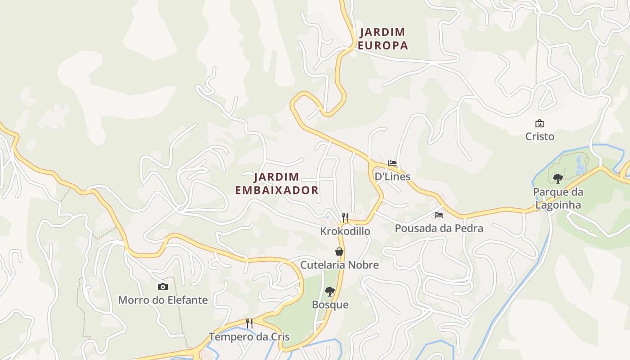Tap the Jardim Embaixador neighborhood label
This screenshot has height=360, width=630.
pos(276,183)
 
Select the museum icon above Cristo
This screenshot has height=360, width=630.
pos(539,123)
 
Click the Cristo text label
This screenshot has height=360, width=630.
pos(540,136)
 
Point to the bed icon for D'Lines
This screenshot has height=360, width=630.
pos(392,163)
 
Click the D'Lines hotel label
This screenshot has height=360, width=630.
pos(392,176)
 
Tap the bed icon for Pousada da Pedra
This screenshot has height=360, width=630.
pos(439,215)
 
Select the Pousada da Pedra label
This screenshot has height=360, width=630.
pos(439,228)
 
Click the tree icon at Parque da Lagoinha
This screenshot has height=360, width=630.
pos(558,179)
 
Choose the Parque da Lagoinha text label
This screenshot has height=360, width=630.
pos(558,198)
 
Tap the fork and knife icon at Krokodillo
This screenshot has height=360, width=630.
pos(345,218)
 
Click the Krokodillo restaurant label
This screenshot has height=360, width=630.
pos(345,231)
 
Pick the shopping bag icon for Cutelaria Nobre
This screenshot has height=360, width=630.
pos(339,252)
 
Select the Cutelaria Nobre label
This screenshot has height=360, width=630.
pos(339,265)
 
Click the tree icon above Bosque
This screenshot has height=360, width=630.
pos(330,292)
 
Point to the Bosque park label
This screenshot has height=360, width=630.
pos(330,305)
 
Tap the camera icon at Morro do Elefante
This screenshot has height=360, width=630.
pos(162,287)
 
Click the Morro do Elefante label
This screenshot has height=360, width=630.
pos(163,300)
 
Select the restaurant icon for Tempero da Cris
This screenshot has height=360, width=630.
pos(249,323)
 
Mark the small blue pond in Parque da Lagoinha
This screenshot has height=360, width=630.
pos(580,166)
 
